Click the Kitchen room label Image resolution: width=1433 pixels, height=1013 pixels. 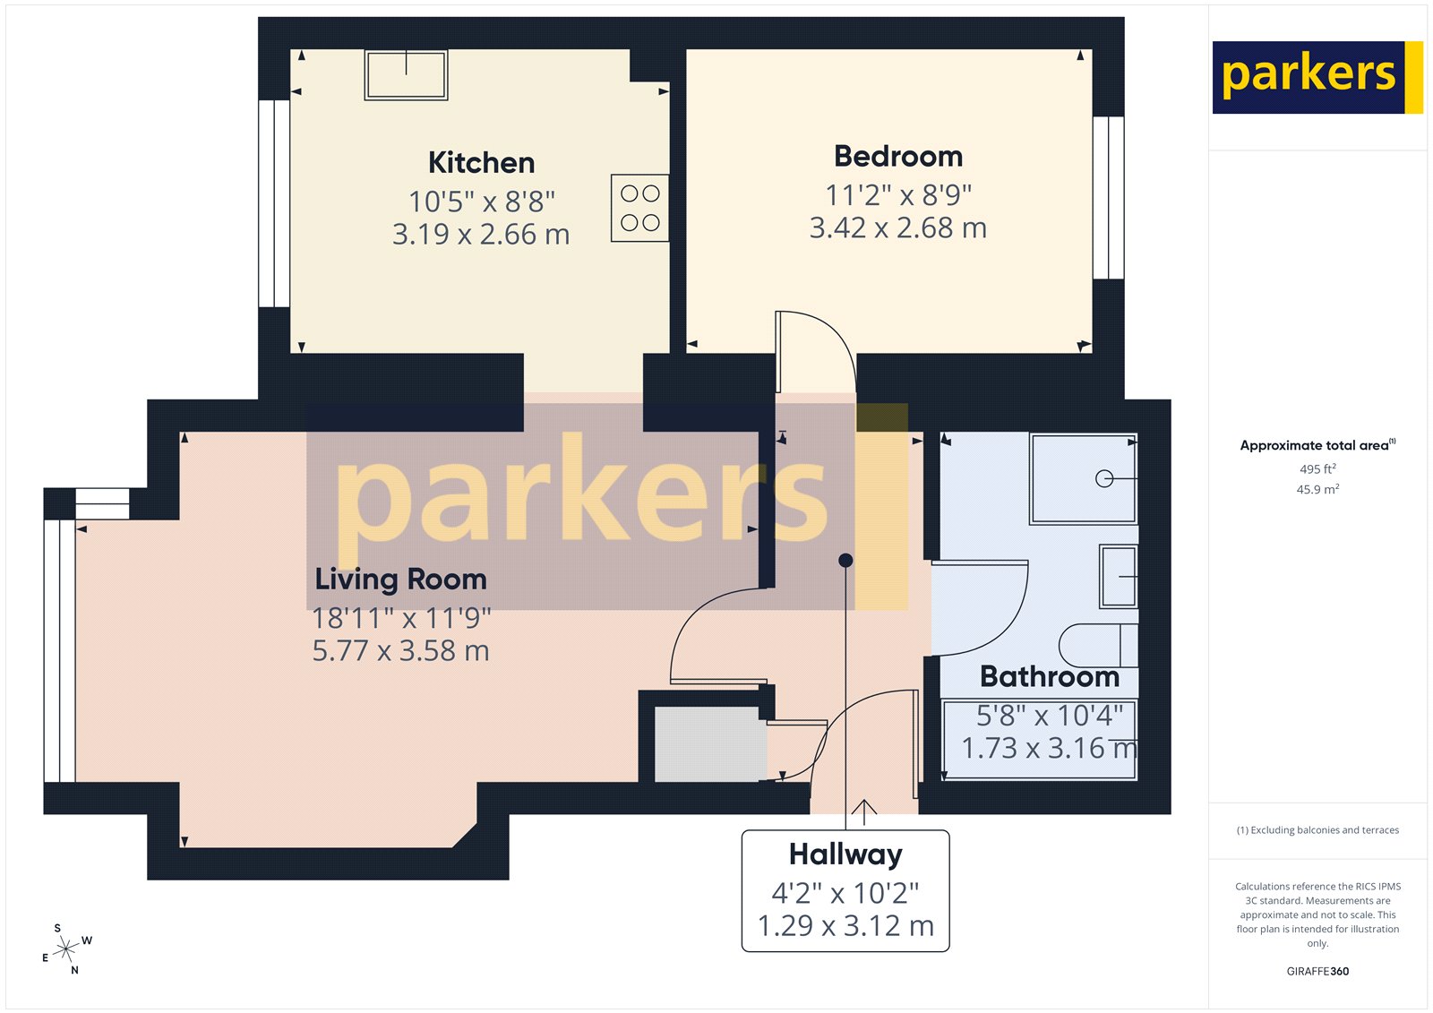(x=481, y=163)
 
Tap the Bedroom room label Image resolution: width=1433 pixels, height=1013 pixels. (x=898, y=157)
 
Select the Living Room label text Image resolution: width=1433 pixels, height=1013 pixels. (x=400, y=579)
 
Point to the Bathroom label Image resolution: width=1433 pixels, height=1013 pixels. (x=1050, y=677)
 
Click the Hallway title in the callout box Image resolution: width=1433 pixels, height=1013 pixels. (x=845, y=854)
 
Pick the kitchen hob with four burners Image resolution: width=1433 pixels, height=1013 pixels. (x=639, y=208)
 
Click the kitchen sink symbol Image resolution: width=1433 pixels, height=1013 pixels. (x=406, y=74)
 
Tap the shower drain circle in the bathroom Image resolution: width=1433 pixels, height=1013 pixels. (x=1104, y=479)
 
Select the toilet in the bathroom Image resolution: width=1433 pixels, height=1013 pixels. (x=1098, y=645)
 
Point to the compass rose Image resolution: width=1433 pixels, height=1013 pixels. (x=66, y=949)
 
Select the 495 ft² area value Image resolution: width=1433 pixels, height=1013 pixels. (x=1317, y=469)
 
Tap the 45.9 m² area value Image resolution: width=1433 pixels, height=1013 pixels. (x=1317, y=490)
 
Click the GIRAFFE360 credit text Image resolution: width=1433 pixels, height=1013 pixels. (x=1317, y=971)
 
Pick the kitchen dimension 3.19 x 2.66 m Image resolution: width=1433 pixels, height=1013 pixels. (x=481, y=235)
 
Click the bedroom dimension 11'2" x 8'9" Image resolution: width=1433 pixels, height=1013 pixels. (x=898, y=195)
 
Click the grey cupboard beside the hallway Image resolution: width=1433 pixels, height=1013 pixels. (x=710, y=743)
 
